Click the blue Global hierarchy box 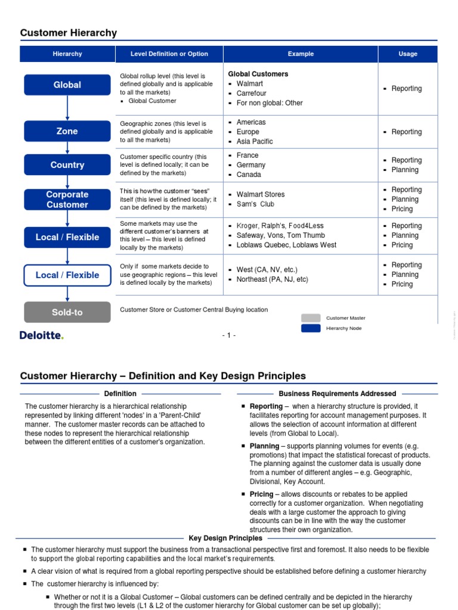[x=67, y=85]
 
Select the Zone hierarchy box [x=67, y=131]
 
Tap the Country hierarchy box [x=67, y=165]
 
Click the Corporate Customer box [x=67, y=200]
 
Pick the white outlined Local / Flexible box [x=67, y=275]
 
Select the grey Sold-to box [x=67, y=312]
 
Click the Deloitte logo [x=42, y=335]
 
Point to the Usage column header [x=408, y=54]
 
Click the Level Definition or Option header [x=169, y=54]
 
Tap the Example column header [x=301, y=54]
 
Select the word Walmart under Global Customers [x=249, y=84]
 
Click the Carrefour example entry [x=251, y=94]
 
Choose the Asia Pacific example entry [x=255, y=141]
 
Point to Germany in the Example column [x=250, y=165]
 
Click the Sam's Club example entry [x=255, y=204]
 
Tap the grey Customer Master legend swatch [x=311, y=318]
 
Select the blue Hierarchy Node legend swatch [x=311, y=328]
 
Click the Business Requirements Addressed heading [x=337, y=394]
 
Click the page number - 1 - [x=229, y=335]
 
